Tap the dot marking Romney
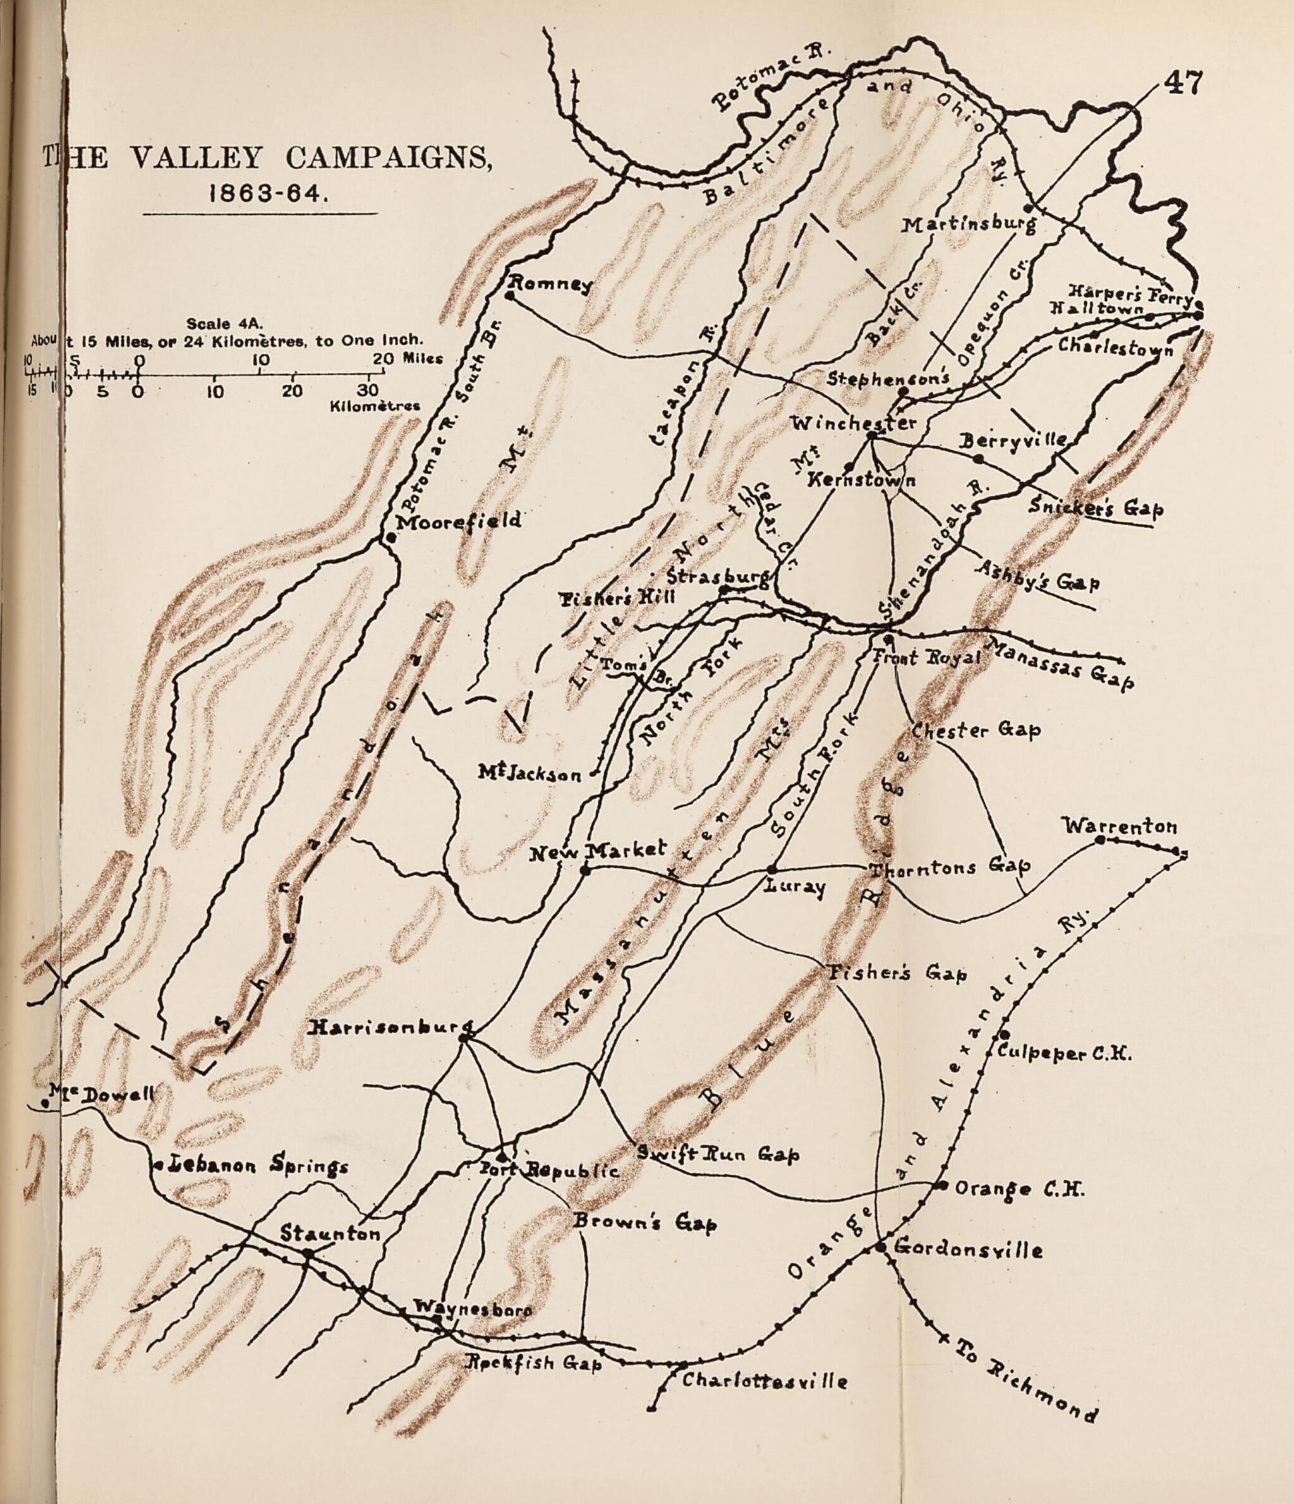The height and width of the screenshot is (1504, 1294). pyautogui.click(x=510, y=296)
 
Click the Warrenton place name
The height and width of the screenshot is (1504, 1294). pyautogui.click(x=1120, y=826)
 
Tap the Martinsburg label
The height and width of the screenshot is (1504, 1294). pyautogui.click(x=968, y=226)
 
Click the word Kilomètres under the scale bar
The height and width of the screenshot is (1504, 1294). pyautogui.click(x=375, y=406)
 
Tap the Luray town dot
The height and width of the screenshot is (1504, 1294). pyautogui.click(x=771, y=870)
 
